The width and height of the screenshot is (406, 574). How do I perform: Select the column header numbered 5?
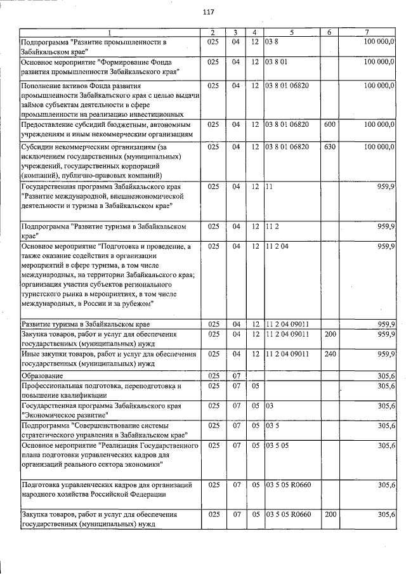(292, 32)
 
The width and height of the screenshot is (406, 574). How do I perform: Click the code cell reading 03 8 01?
(277, 62)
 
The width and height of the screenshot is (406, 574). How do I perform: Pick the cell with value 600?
(329, 125)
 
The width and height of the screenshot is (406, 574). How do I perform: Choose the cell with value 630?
(329, 147)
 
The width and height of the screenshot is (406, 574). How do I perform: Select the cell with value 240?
(329, 353)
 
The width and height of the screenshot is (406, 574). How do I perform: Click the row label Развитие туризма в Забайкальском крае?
(86, 324)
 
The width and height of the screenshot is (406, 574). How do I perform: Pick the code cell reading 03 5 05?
(277, 446)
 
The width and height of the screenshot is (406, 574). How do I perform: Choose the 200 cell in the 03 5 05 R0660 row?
(329, 514)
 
